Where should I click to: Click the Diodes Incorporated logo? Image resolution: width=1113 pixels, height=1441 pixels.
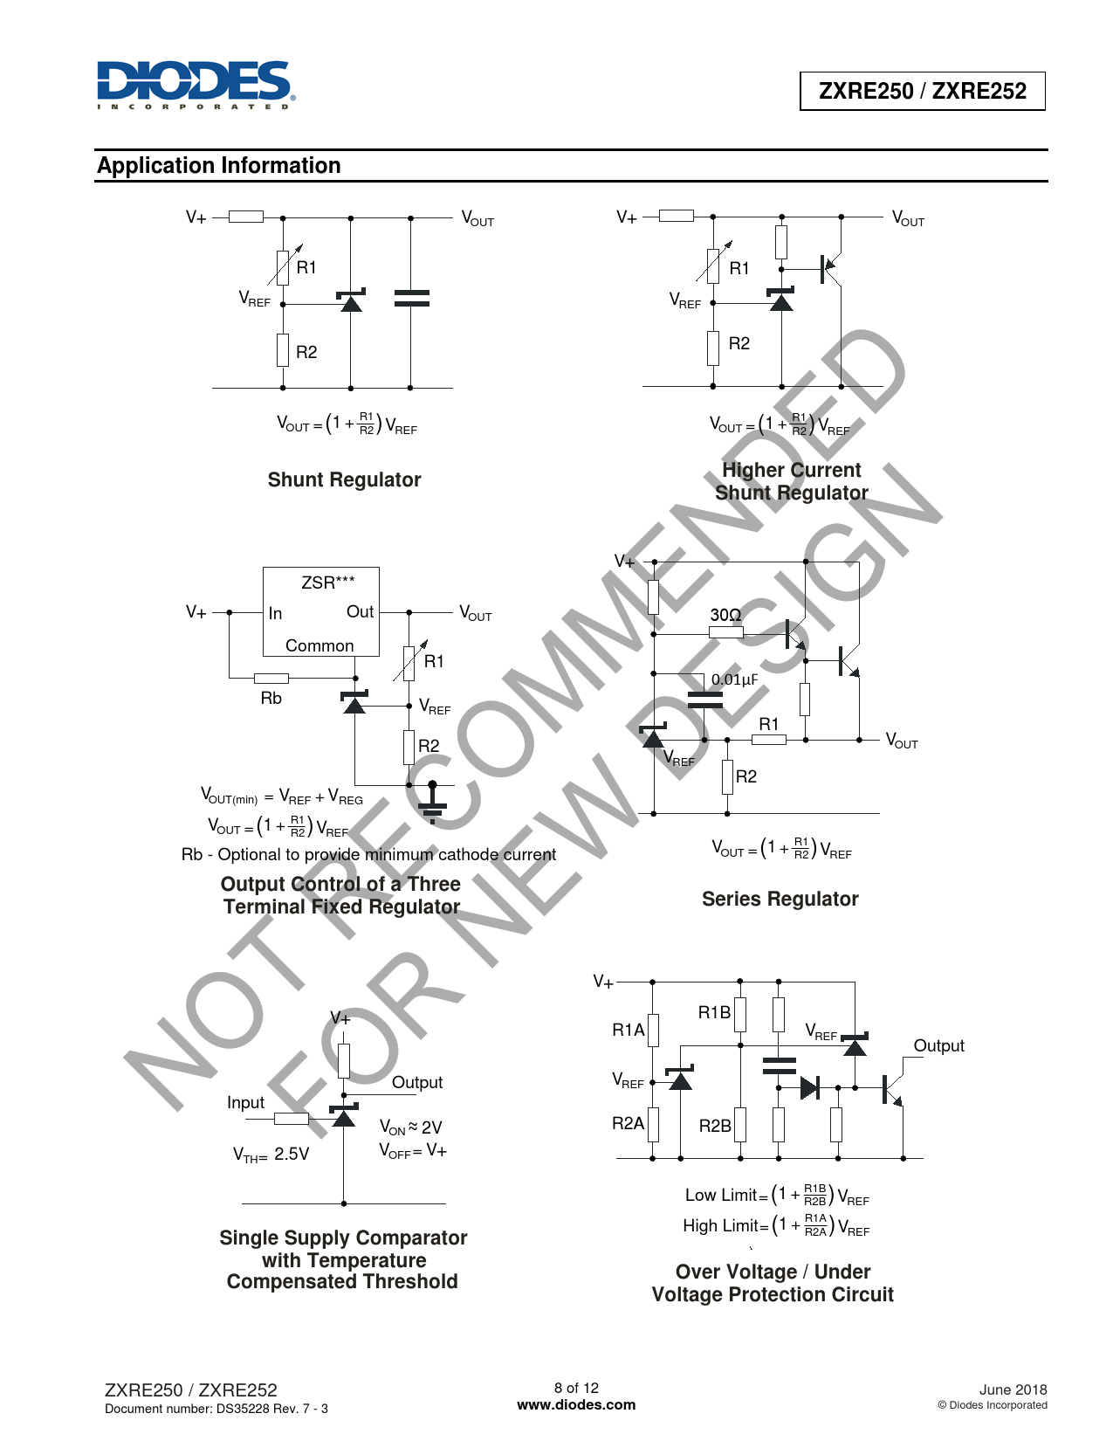click(x=196, y=85)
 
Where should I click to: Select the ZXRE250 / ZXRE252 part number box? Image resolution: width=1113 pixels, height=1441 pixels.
click(x=922, y=91)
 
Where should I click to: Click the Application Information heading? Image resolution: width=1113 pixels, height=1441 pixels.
click(x=219, y=165)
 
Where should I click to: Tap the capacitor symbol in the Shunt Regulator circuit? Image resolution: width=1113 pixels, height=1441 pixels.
click(x=411, y=299)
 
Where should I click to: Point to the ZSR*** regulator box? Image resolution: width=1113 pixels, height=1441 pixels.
click(x=321, y=611)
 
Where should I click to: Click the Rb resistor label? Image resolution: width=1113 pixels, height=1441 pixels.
click(x=271, y=699)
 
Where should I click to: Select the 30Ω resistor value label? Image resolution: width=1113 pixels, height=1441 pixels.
click(x=726, y=615)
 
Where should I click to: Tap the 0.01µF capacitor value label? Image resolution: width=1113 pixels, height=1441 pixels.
click(x=734, y=679)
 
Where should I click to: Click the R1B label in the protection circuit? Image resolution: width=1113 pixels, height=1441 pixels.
click(x=714, y=1012)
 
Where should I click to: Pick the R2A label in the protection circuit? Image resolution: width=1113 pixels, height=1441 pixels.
click(x=628, y=1123)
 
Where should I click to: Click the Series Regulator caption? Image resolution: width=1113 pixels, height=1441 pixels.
click(x=780, y=899)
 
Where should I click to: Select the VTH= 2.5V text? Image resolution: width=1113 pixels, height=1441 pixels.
click(x=271, y=1155)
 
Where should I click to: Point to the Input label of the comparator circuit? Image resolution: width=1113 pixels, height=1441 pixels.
click(x=245, y=1102)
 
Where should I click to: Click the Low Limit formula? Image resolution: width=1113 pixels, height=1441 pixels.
click(x=777, y=1195)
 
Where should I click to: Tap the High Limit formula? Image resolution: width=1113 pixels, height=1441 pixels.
click(x=776, y=1225)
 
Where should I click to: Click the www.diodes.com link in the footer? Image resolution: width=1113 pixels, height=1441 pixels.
click(x=576, y=1404)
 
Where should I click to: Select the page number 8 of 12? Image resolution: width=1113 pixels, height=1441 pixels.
click(x=576, y=1388)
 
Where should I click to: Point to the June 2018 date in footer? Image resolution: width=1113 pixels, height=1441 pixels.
click(x=1013, y=1389)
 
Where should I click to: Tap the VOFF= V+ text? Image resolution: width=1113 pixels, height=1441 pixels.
click(x=413, y=1150)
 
